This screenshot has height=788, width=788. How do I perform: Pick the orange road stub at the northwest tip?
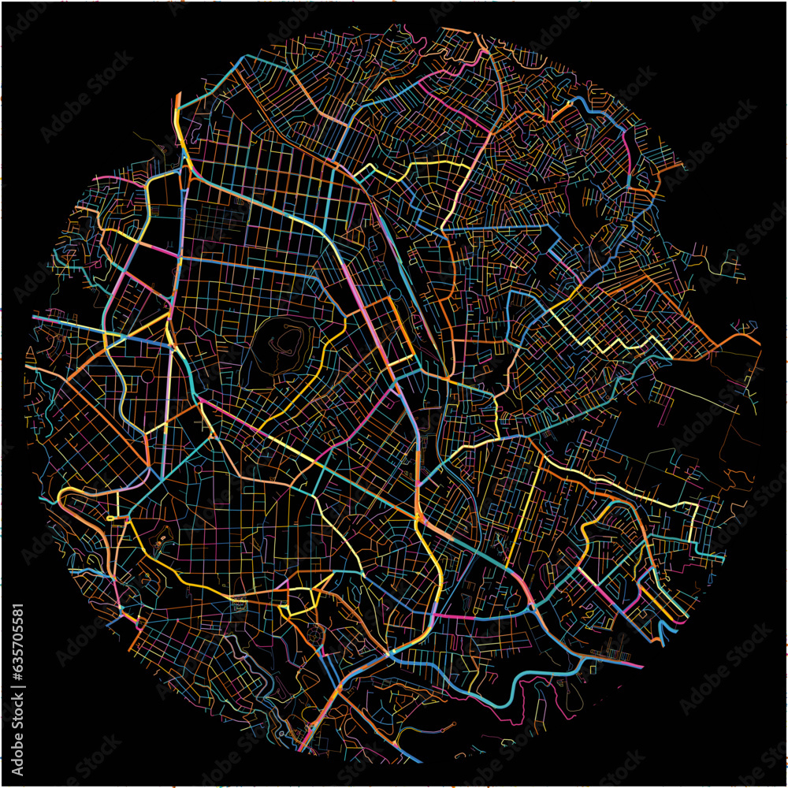tap(177, 102)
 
